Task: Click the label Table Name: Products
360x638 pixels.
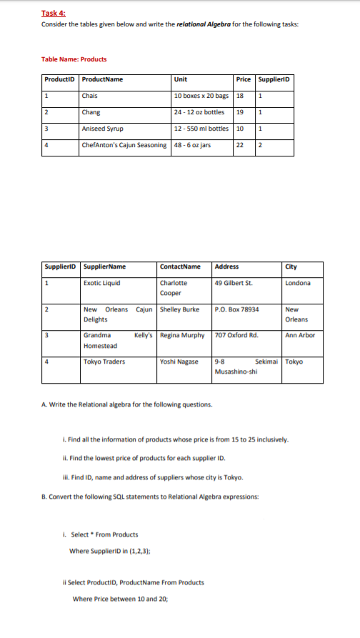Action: (x=74, y=59)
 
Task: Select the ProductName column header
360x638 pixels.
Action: (x=102, y=79)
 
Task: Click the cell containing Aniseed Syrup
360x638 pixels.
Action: (x=103, y=129)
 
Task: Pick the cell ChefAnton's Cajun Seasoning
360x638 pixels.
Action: (x=125, y=146)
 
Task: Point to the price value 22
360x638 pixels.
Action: (x=240, y=146)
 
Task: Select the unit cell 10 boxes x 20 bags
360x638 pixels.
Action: (x=201, y=95)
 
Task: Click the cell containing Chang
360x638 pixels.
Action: (x=91, y=112)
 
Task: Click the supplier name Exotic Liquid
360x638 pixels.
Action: (x=101, y=282)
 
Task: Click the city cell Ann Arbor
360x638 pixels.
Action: (x=300, y=335)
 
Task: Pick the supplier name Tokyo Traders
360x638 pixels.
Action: (x=104, y=362)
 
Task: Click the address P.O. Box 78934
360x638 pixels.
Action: (x=236, y=309)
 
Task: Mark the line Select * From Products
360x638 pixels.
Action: (x=101, y=534)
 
